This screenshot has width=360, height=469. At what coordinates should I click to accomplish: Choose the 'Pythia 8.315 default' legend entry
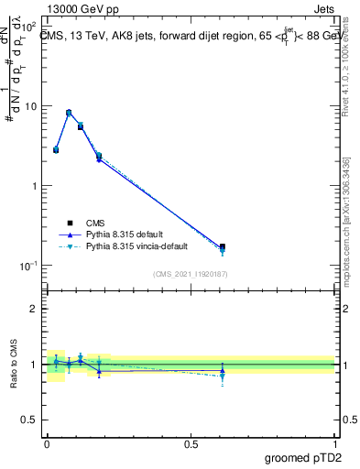coord(124,234)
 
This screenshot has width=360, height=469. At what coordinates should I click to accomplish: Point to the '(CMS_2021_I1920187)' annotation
coord(191,273)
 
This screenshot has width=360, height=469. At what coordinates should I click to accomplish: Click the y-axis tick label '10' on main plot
coord(31,106)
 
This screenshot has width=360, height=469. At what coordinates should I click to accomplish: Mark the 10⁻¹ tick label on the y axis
coord(29,266)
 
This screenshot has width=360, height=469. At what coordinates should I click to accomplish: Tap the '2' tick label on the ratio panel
coord(35,309)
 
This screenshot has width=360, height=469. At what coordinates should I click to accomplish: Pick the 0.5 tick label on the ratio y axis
coord(31,420)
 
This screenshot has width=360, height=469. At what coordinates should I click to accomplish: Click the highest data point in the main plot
coord(69,113)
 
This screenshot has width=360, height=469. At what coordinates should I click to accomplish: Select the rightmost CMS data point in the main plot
coord(223,246)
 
